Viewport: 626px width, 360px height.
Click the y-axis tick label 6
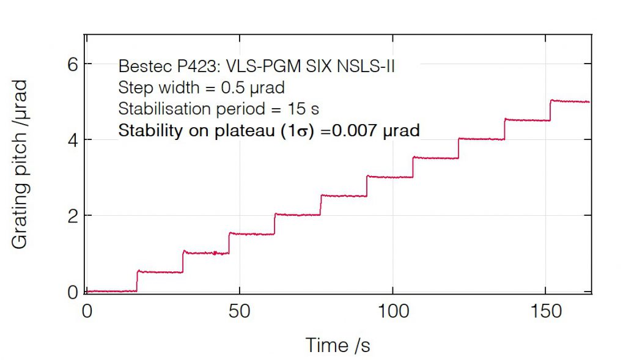[x=73, y=64]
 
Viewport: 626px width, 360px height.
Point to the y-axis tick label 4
[x=73, y=140]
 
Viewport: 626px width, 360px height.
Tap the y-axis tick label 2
[x=73, y=216]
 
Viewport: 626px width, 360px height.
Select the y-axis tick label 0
[x=73, y=292]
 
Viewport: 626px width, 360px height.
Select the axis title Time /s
[x=338, y=345]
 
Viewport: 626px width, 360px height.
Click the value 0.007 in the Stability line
[x=362, y=131]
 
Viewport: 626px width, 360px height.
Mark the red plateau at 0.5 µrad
[x=160, y=272]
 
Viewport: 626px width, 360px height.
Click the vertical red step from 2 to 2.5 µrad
[x=321, y=205]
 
